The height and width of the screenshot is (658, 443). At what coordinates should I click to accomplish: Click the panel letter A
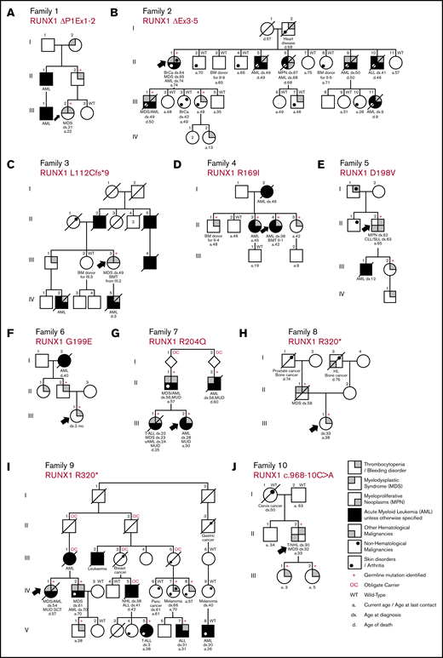point(6,8)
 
